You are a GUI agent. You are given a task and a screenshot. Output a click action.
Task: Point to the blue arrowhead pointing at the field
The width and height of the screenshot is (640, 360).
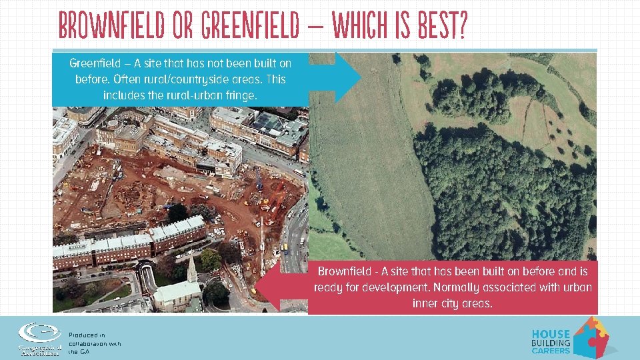coord(347,78)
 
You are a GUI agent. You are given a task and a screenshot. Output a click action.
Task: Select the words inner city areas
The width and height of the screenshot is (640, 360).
coord(453,303)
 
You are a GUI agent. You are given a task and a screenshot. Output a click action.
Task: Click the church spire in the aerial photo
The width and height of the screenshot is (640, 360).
coord(191,268)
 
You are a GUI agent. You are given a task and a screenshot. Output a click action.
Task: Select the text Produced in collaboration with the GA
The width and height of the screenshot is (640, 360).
coord(94,343)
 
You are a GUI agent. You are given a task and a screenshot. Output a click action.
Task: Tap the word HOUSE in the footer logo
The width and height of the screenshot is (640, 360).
coord(551,334)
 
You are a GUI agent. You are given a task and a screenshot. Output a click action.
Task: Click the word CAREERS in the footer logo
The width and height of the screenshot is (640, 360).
coord(551,351)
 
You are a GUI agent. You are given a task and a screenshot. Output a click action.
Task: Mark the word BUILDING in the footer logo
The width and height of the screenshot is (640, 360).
coord(551,343)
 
